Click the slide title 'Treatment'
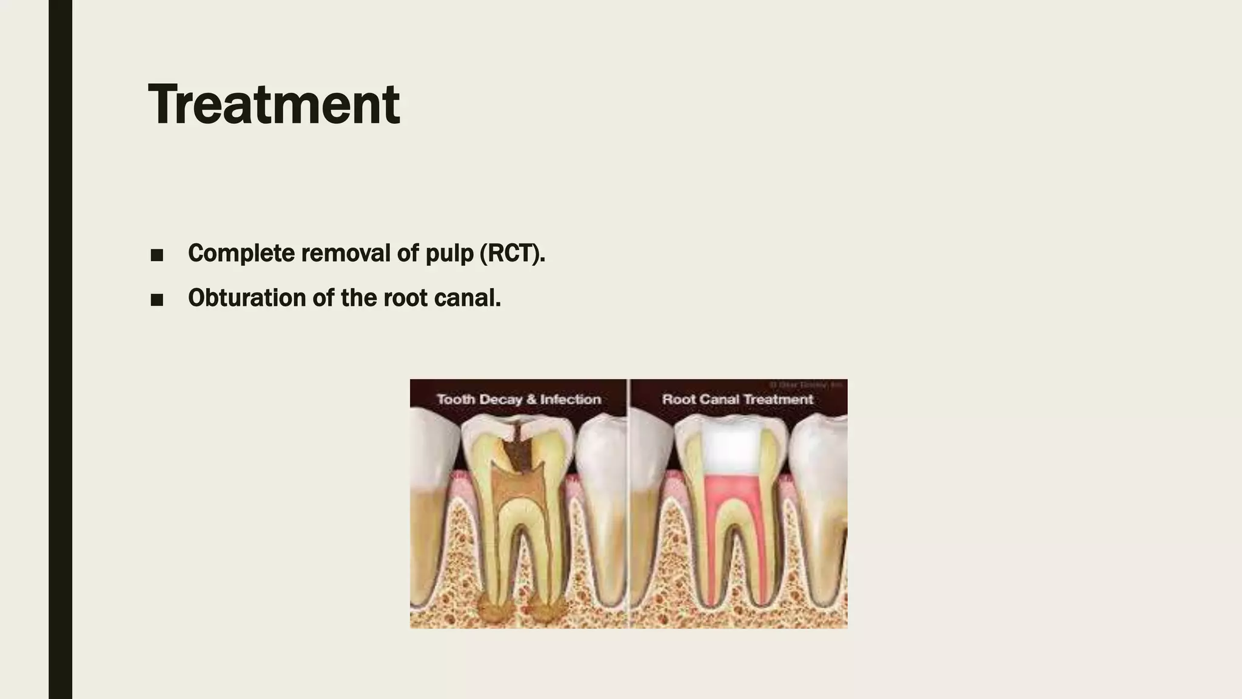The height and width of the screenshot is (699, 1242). (274, 104)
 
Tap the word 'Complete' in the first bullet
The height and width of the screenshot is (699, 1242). (241, 253)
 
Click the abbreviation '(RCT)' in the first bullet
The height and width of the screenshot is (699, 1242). (512, 253)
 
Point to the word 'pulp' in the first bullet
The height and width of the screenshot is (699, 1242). (449, 254)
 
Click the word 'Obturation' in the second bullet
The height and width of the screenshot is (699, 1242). (247, 298)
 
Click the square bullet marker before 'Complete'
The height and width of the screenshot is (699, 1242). (156, 255)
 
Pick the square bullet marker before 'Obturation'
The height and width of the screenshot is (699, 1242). (156, 300)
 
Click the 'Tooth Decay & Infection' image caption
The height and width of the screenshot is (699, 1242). (519, 399)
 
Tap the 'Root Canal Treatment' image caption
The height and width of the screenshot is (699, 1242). (737, 399)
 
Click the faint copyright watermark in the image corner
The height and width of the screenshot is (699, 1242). (807, 384)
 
